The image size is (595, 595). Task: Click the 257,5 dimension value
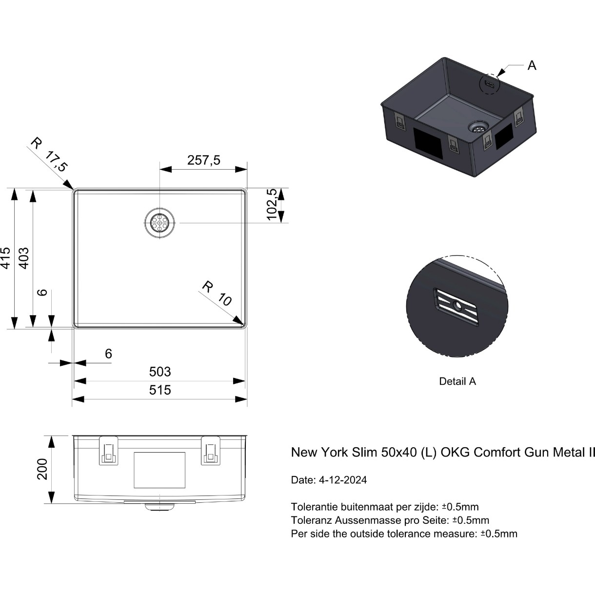[203, 160]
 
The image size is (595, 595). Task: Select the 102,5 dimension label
[272, 204]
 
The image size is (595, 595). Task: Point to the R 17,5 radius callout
[49, 155]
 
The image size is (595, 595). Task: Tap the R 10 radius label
[217, 293]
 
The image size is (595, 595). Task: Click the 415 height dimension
[6, 258]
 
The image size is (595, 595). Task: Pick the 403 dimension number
[24, 258]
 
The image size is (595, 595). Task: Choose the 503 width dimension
[160, 372]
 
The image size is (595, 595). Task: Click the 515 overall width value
[160, 390]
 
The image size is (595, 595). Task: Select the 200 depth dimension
[42, 469]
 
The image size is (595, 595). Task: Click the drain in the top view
[159, 222]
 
